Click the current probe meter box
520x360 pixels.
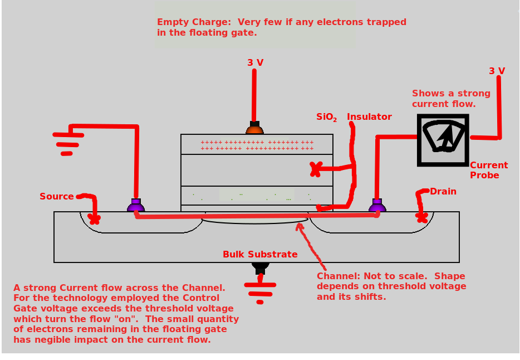(443, 140)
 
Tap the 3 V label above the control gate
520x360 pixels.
(256, 62)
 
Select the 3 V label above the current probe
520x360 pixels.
(497, 71)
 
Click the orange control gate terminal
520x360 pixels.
(254, 129)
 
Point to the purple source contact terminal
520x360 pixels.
(136, 206)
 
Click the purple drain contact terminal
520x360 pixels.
(377, 206)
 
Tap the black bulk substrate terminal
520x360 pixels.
(260, 267)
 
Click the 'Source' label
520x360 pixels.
(57, 196)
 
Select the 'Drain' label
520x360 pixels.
(443, 191)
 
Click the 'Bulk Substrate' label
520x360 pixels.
(260, 254)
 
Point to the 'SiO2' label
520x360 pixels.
(327, 117)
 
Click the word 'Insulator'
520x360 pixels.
(369, 116)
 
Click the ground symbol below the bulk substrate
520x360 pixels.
(260, 293)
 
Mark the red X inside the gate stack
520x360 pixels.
(316, 169)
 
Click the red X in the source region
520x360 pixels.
(95, 219)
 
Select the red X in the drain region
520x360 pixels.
(421, 216)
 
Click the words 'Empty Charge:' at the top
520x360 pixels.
(194, 22)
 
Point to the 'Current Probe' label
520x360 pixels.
(488, 170)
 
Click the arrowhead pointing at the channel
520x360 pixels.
(301, 225)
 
